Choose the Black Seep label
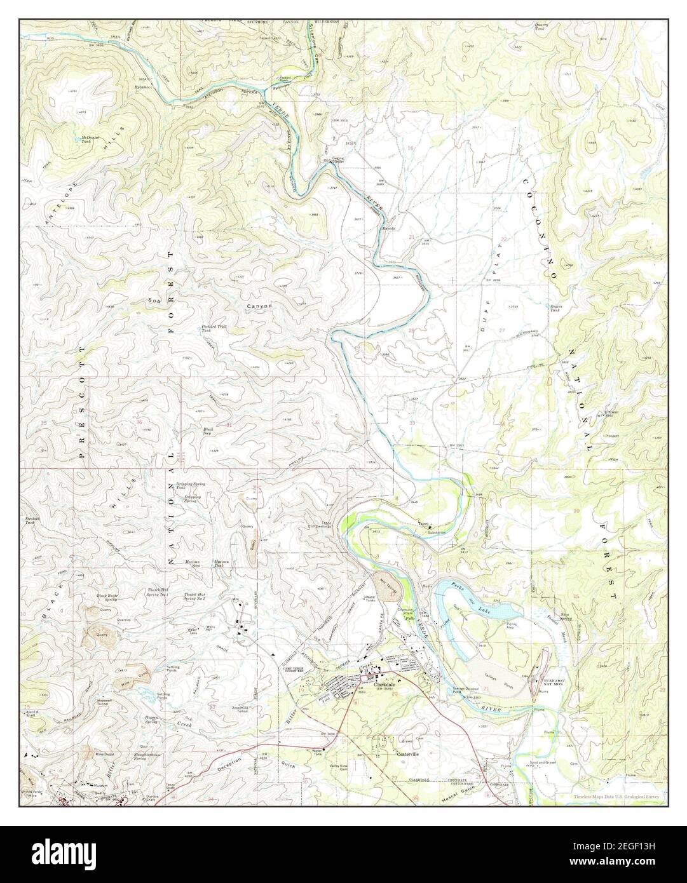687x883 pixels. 208,431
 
